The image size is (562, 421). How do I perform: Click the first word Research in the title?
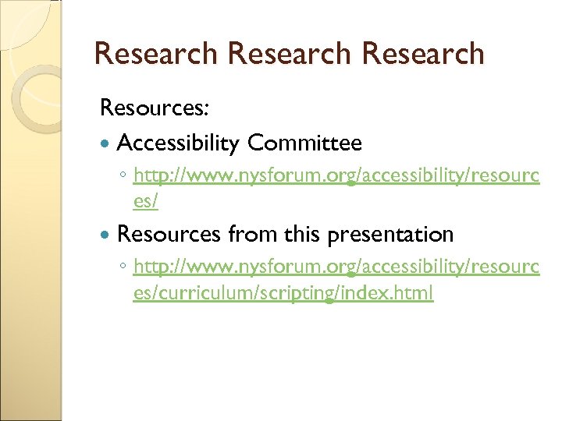tap(155, 54)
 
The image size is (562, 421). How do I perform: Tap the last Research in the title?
tap(424, 54)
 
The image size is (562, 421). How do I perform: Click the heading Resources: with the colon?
tap(154, 108)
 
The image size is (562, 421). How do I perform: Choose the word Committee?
tap(304, 143)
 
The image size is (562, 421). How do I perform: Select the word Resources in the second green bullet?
tap(169, 234)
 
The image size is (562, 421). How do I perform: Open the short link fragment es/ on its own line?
tap(146, 202)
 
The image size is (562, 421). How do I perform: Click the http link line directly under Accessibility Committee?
tap(336, 175)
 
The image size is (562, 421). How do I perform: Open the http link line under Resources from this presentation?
tap(336, 267)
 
